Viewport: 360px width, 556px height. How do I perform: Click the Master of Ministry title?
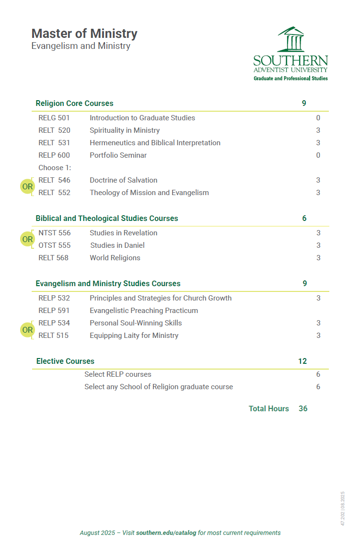click(84, 34)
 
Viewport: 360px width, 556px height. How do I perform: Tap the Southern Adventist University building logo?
click(290, 39)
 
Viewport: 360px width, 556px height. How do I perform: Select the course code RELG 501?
click(54, 118)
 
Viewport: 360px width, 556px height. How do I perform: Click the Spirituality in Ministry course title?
click(125, 130)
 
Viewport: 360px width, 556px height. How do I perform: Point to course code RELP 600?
click(54, 155)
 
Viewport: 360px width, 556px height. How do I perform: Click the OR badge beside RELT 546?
click(27, 186)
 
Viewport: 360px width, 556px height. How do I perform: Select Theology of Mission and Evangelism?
click(149, 193)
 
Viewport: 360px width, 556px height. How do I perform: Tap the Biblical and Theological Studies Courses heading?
click(107, 219)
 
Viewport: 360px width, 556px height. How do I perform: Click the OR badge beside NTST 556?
click(27, 239)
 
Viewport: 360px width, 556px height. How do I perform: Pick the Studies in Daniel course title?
click(117, 245)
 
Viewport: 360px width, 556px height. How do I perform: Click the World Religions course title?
click(115, 258)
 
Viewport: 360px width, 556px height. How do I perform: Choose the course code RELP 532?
click(54, 298)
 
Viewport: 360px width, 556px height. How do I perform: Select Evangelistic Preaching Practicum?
click(144, 311)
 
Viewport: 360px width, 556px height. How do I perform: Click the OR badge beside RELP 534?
click(27, 330)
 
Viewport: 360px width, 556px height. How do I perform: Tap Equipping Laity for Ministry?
click(134, 336)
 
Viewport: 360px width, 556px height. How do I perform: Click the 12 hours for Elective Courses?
click(302, 361)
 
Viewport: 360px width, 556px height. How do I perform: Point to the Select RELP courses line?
click(118, 374)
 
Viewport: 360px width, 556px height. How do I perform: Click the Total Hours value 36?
click(303, 409)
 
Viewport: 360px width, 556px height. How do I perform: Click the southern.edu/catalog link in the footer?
click(166, 533)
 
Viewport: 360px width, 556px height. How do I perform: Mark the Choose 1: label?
click(55, 168)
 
